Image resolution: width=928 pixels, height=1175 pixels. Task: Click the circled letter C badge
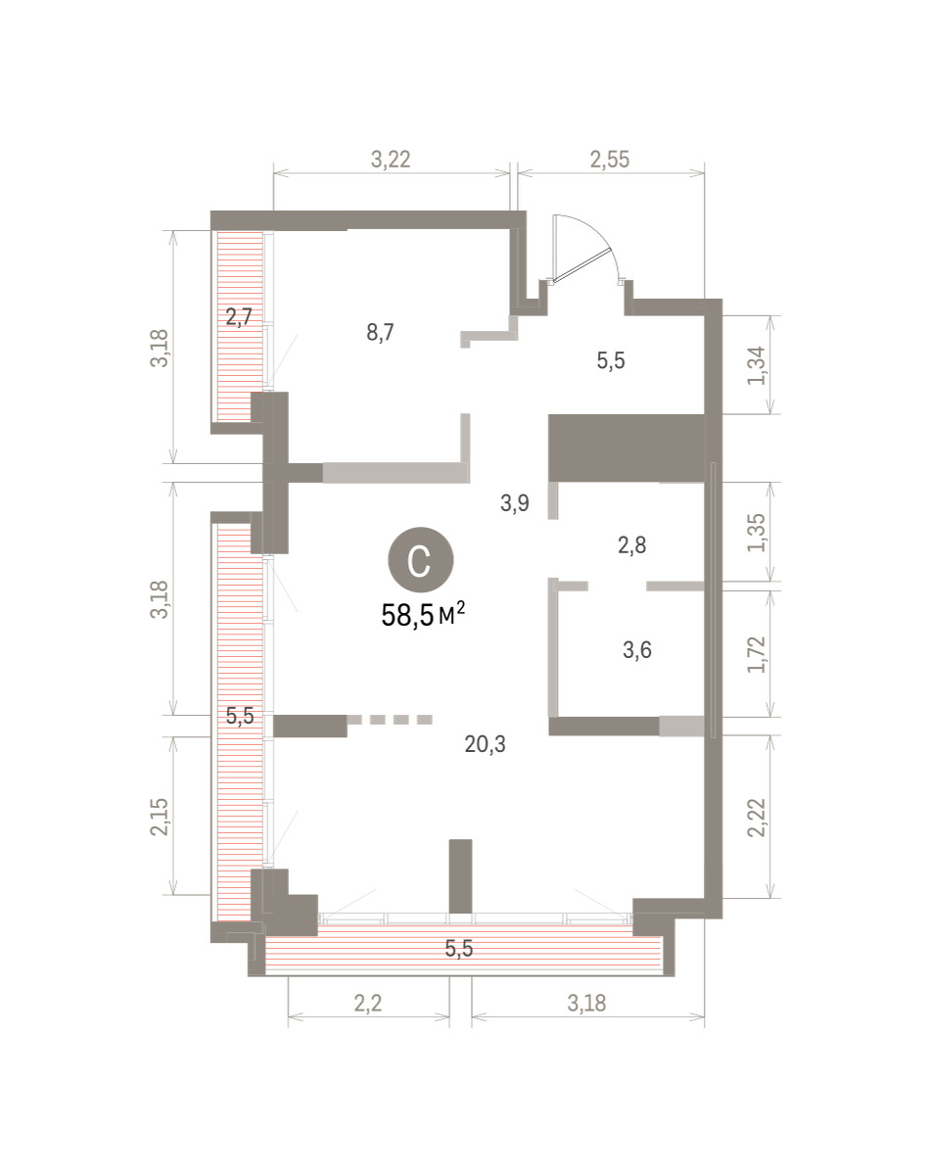point(420,560)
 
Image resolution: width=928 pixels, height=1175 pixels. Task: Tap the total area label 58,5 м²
point(423,616)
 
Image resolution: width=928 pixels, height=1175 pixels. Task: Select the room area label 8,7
point(380,332)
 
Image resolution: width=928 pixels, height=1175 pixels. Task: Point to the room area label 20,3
point(485,743)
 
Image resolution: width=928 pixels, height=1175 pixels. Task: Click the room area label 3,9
point(515,503)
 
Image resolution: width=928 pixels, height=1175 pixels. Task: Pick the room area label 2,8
point(632,545)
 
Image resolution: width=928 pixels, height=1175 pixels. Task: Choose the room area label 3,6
point(637,650)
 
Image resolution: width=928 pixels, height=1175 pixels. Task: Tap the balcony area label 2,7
point(239,316)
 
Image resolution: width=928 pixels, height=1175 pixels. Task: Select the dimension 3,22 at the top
point(391,160)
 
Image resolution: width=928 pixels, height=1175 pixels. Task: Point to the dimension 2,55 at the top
point(610,160)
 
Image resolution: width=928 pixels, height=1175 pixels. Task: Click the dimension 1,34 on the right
point(757,365)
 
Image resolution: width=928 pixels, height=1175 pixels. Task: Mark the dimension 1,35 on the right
point(757,533)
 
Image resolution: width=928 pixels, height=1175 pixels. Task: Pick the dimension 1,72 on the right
point(757,654)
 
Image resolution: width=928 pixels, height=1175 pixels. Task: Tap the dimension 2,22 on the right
point(757,818)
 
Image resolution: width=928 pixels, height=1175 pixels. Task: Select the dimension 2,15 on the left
point(160,817)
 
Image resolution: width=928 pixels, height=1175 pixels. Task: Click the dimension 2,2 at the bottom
point(368,1003)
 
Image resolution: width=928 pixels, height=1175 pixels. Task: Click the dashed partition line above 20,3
point(390,720)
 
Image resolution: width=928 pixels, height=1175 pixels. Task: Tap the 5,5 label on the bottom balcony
point(458,949)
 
